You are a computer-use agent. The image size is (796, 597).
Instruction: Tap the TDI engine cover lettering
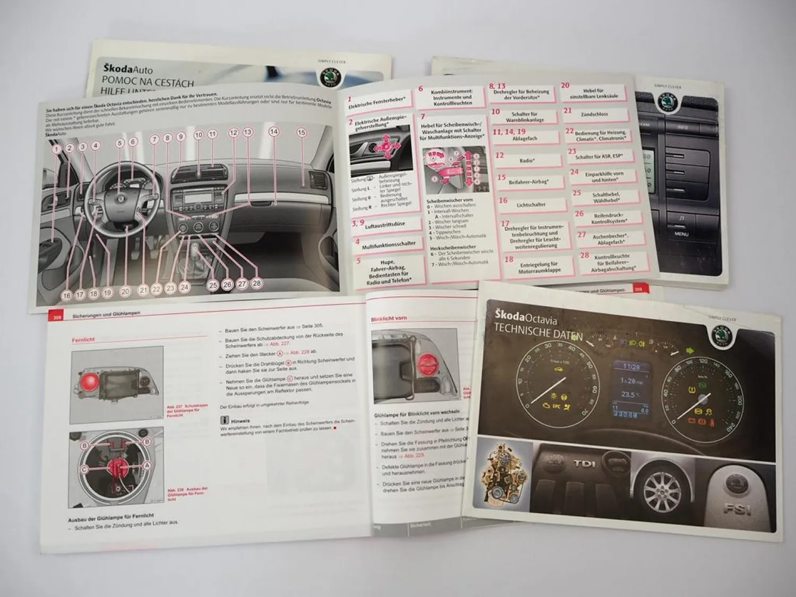584,464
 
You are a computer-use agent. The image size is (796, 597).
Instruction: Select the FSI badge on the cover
738,509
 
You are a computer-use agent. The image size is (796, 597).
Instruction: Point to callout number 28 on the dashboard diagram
256,283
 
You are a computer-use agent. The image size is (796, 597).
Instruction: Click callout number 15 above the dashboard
301,133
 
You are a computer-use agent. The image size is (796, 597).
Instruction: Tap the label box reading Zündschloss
594,114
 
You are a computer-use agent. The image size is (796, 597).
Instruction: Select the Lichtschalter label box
531,204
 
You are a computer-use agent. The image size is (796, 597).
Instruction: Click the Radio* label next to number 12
526,160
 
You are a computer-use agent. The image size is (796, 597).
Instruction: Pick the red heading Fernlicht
83,340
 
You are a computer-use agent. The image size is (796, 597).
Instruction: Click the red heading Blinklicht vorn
388,318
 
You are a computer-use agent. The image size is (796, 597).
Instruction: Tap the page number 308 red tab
56,317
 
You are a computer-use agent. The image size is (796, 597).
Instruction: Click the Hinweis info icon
225,420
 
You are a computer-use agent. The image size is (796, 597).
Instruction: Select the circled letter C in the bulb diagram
84,469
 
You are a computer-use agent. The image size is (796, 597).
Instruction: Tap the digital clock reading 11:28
631,367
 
